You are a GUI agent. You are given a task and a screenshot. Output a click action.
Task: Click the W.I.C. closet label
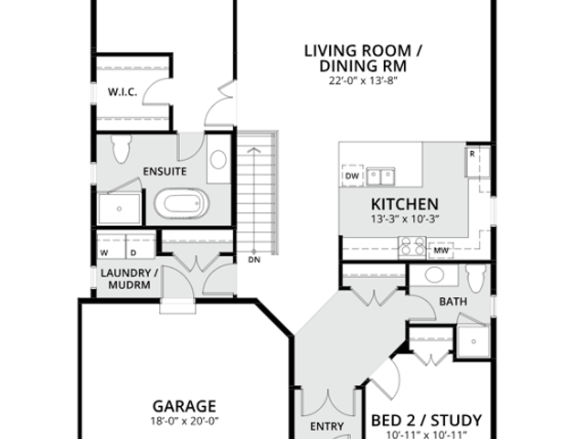tap(122, 91)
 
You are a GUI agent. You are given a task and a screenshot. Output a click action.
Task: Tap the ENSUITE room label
tap(165, 171)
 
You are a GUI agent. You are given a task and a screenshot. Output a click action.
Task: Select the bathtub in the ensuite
tap(182, 203)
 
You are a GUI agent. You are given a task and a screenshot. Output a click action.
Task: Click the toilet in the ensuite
tap(122, 148)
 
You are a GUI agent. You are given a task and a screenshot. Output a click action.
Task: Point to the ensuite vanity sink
tap(218, 159)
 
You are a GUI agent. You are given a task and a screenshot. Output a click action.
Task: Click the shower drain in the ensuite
tap(119, 209)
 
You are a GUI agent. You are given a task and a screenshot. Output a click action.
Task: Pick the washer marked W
tap(112, 246)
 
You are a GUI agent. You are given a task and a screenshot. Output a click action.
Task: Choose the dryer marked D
tap(141, 246)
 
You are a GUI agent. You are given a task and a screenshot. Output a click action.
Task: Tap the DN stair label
tap(254, 260)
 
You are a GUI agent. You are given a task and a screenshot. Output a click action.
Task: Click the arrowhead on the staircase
tap(254, 150)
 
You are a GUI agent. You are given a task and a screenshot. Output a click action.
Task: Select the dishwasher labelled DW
tap(352, 176)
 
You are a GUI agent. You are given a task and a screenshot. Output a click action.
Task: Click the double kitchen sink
tap(380, 177)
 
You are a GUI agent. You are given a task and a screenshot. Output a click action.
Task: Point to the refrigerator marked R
tap(477, 162)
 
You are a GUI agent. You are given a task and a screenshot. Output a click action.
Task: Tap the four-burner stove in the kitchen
tap(412, 247)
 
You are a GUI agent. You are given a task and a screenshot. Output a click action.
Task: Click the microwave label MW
tap(441, 251)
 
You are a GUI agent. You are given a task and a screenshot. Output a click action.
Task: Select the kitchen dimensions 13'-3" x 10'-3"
tap(405, 219)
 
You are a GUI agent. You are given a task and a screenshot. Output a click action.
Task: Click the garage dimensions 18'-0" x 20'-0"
tap(185, 421)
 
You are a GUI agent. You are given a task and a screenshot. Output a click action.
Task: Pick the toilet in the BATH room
tap(476, 278)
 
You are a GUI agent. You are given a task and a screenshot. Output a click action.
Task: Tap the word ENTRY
tap(327, 426)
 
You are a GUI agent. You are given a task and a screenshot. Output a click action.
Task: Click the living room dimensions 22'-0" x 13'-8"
tap(363, 80)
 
